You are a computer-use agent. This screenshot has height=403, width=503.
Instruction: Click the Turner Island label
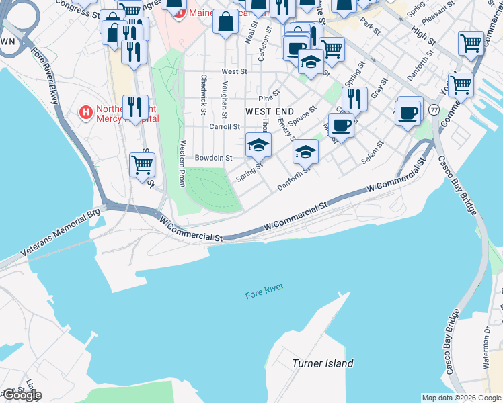323,363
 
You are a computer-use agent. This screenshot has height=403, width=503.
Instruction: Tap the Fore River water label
264,292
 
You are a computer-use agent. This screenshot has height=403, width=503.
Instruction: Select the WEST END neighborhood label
270,111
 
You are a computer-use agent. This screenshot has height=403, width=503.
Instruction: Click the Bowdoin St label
213,159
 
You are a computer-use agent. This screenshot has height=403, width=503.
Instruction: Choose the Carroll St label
225,126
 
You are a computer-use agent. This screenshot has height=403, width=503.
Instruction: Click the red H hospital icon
86,111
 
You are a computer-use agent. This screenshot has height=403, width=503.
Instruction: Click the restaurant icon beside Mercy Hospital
135,106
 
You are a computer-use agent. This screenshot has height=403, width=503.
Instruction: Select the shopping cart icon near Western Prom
142,164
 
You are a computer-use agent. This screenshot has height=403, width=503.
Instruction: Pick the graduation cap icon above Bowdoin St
258,143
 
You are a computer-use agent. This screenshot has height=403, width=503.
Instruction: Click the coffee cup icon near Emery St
341,124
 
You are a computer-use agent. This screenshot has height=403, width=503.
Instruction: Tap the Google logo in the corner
22,395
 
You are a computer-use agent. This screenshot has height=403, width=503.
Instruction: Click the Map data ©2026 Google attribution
461,398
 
